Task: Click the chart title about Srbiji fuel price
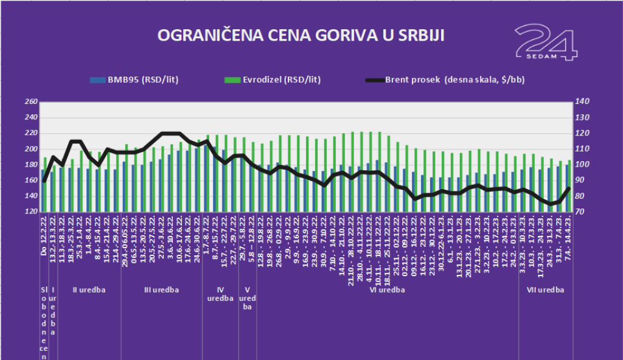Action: [x=301, y=35]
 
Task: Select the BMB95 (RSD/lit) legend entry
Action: [x=134, y=80]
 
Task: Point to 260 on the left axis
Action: [x=30, y=102]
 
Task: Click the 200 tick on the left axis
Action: [x=30, y=149]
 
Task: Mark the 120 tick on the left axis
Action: [x=30, y=212]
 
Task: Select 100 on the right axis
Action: [x=582, y=165]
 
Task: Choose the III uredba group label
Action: [x=161, y=290]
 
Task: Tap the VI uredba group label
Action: [x=387, y=290]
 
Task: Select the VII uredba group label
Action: [x=545, y=290]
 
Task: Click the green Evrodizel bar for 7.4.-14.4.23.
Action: [x=570, y=185]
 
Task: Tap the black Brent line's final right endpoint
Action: [x=568, y=188]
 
